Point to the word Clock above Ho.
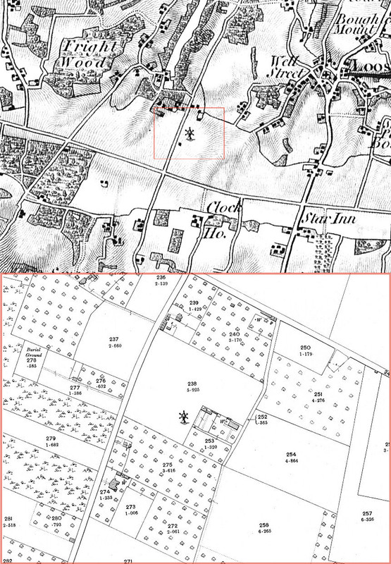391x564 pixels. [x=225, y=208]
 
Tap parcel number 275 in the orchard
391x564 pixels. [x=166, y=465]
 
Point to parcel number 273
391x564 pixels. [x=130, y=508]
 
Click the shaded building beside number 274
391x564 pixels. [x=114, y=481]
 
